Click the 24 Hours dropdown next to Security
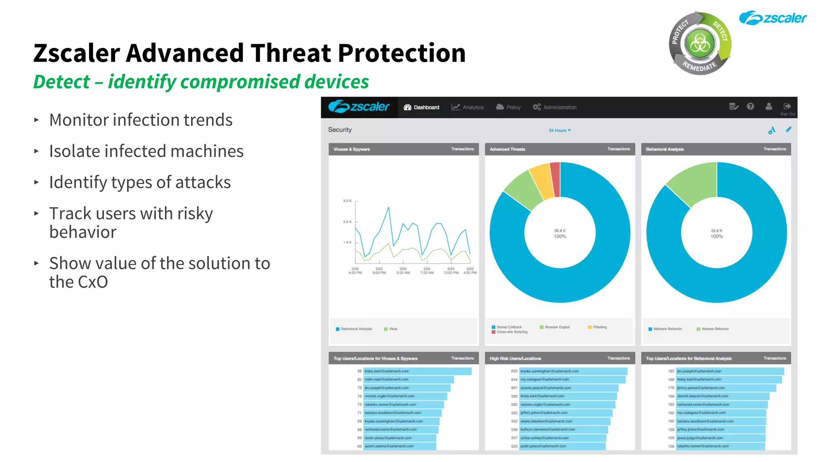560,130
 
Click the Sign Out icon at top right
787,107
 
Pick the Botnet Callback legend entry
509,327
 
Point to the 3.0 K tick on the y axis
347,201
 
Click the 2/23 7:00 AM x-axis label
427,271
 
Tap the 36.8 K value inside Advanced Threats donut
560,231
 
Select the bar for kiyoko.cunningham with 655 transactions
573,371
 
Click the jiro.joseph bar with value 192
730,371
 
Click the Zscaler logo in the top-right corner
773,18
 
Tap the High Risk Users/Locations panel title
515,359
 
